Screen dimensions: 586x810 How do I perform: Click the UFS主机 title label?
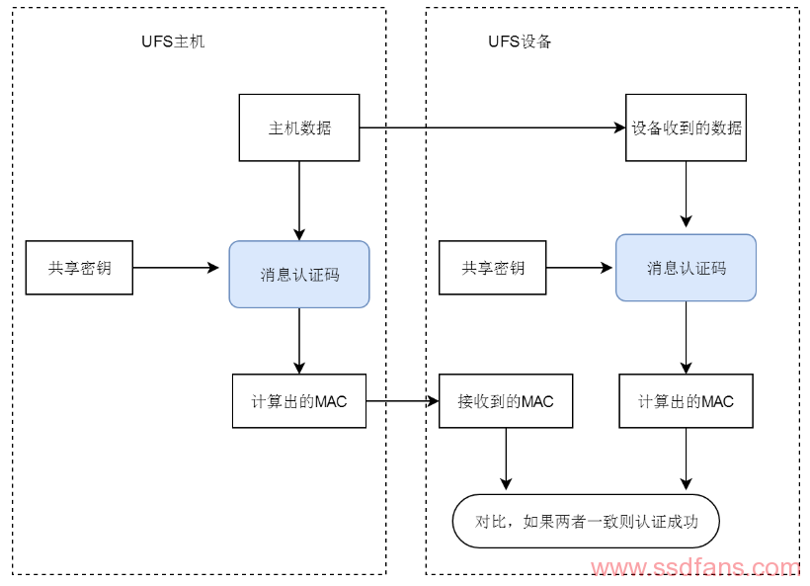(173, 42)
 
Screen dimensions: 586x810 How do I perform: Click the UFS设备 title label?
(520, 42)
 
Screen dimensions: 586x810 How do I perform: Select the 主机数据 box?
(299, 127)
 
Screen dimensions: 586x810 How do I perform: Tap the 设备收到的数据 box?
(687, 127)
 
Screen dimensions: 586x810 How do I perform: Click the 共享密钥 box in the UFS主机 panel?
(79, 268)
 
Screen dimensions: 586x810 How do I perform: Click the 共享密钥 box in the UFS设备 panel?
(493, 268)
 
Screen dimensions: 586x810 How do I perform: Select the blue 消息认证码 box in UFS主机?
(299, 274)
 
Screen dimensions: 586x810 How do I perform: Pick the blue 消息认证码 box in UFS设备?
(687, 268)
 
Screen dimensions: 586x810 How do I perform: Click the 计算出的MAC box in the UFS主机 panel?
(298, 401)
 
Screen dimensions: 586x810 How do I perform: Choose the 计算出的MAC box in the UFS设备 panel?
(687, 401)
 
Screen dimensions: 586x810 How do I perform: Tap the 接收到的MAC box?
(506, 401)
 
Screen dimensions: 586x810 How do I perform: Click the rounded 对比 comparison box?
(586, 521)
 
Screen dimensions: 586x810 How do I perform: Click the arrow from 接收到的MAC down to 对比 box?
(506, 459)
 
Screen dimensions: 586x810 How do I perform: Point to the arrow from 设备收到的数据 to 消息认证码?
(687, 197)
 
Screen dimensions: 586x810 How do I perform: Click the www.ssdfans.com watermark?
(695, 569)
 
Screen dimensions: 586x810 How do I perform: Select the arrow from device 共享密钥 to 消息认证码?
(581, 268)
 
